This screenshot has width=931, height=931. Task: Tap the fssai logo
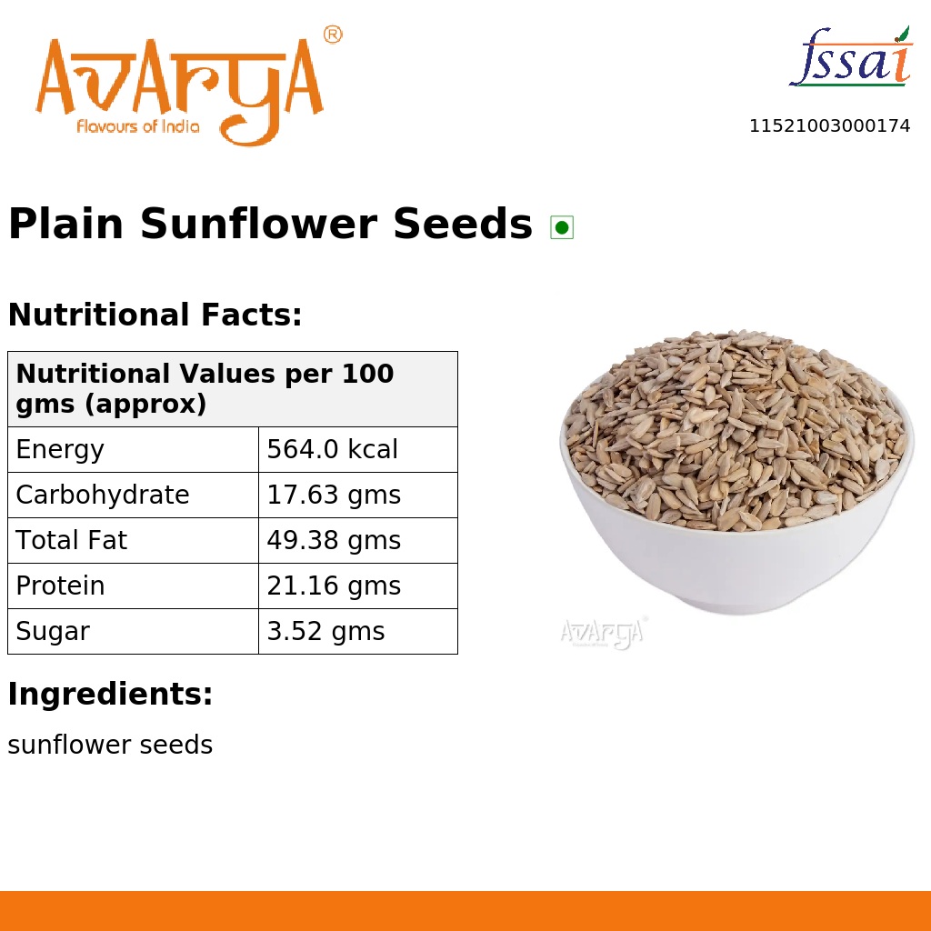pos(850,58)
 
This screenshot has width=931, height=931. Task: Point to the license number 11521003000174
pos(829,126)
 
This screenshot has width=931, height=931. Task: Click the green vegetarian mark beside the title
pos(562,227)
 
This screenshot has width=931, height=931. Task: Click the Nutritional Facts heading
pos(155,315)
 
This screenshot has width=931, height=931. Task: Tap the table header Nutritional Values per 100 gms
pos(205,388)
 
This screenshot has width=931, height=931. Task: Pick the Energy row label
pos(60,450)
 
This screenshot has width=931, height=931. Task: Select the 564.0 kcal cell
pos(332,450)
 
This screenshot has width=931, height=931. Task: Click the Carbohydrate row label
pos(103,496)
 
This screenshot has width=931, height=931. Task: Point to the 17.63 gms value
pos(334,496)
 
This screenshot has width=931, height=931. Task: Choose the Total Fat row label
pos(71,541)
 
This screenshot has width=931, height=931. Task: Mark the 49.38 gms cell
pos(334,541)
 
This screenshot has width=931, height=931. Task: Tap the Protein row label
pos(60,586)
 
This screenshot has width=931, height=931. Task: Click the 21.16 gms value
pos(334,586)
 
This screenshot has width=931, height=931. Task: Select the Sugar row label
pos(53,632)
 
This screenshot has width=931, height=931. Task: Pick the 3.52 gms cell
pos(325,632)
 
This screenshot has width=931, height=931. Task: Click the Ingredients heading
pos(110,695)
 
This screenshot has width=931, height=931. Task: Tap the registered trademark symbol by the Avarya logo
pos(333,35)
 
